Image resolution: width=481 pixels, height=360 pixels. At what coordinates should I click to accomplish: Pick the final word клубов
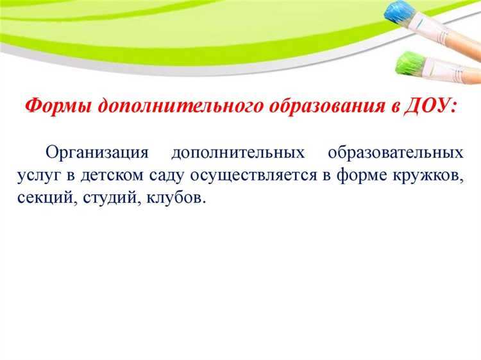click(175, 198)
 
